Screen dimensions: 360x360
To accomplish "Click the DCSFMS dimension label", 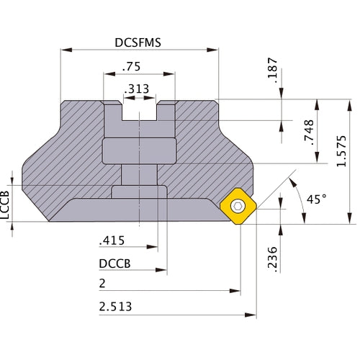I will (138, 42).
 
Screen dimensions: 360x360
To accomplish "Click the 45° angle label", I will (314, 199).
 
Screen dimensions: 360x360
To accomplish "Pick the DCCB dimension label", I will (114, 264).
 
